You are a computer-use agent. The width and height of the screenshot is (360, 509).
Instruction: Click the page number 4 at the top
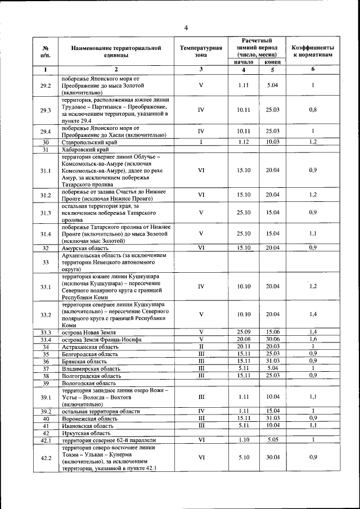(186, 28)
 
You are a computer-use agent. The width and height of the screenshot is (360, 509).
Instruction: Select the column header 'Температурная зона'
(201, 52)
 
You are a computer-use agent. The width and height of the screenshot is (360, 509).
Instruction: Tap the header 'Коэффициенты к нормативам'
(313, 52)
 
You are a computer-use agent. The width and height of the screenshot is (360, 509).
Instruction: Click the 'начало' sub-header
(244, 62)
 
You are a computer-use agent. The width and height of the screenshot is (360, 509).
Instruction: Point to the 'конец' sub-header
(273, 62)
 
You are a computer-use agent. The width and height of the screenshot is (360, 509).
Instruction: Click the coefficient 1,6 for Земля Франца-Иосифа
(313, 340)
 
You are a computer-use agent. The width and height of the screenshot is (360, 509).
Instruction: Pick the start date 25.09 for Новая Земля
(244, 332)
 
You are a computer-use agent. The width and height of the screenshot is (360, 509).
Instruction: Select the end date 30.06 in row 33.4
(273, 340)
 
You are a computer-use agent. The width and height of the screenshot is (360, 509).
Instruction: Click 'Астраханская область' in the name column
(91, 347)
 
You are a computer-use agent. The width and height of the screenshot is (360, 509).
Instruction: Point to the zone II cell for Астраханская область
(201, 347)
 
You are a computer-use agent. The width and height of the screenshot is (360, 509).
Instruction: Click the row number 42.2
(46, 458)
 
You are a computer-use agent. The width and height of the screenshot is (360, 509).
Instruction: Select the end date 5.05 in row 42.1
(273, 440)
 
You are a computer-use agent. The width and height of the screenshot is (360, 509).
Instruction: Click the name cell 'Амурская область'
(85, 247)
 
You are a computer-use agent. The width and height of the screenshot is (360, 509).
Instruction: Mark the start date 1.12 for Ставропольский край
(244, 142)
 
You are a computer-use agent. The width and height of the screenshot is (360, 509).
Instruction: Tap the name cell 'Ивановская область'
(88, 426)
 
